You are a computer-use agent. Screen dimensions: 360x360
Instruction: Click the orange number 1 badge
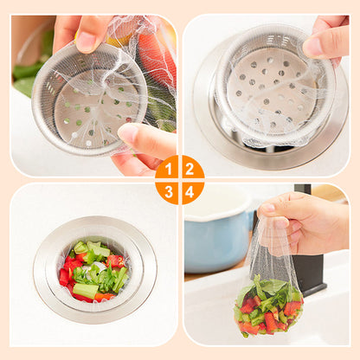(168, 168)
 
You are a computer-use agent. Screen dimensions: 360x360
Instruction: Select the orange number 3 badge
(168, 192)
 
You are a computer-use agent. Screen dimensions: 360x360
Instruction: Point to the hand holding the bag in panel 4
(303, 222)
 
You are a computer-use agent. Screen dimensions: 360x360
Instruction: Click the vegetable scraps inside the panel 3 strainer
(93, 271)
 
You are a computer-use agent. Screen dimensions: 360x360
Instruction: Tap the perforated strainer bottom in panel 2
(271, 89)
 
